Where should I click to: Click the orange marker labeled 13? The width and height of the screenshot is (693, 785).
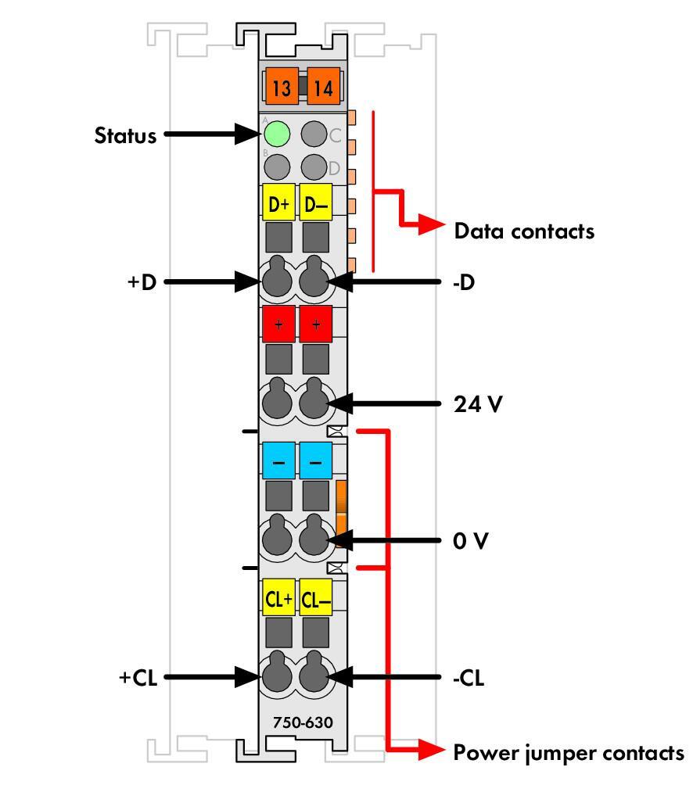(x=282, y=86)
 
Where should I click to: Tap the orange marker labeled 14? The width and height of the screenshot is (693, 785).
(x=324, y=86)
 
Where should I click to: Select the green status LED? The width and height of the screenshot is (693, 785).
(x=277, y=134)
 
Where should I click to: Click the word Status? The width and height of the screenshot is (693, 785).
(x=126, y=136)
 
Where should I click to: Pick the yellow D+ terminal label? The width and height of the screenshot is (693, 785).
(x=278, y=203)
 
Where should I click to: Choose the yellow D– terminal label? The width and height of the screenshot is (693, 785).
(x=315, y=203)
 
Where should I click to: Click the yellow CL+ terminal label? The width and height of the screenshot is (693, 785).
(x=278, y=597)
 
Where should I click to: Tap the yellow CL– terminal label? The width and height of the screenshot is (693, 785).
(x=315, y=597)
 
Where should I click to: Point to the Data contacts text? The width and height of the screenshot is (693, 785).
(x=524, y=231)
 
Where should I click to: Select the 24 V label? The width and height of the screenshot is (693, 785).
(x=478, y=404)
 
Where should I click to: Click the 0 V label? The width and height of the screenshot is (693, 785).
(x=470, y=541)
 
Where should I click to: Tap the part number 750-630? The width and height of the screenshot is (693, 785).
(x=303, y=722)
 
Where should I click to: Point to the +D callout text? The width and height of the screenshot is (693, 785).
(x=142, y=282)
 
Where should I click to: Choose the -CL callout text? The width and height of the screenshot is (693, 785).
(x=469, y=678)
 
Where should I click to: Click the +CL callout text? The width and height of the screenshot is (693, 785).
(x=138, y=678)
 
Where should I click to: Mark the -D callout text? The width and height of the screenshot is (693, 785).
(x=464, y=283)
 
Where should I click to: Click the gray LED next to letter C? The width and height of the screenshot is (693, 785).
(x=314, y=134)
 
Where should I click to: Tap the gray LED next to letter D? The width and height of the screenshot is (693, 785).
(x=314, y=167)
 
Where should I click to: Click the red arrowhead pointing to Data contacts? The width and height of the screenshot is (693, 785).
(x=431, y=224)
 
